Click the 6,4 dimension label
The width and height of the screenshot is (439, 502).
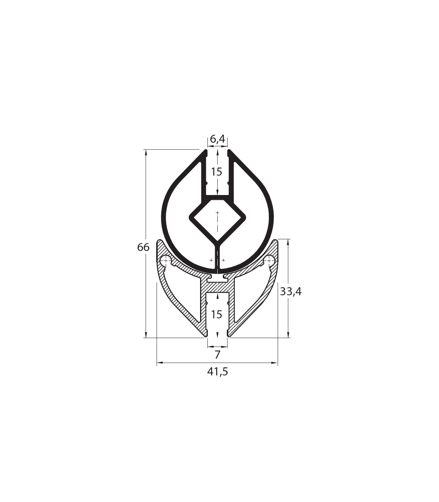pyautogui.click(x=217, y=139)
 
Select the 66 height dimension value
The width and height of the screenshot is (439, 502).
pyautogui.click(x=143, y=247)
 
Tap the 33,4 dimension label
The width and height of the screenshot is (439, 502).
pyautogui.click(x=290, y=292)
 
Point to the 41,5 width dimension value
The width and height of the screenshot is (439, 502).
pyautogui.click(x=218, y=379)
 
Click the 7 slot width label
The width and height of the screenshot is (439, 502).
pyautogui.click(x=217, y=355)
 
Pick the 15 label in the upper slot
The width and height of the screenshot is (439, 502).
pyautogui.click(x=217, y=172)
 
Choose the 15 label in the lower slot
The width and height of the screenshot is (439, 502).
pyautogui.click(x=217, y=314)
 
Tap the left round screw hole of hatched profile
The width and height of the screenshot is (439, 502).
pyautogui.click(x=165, y=259)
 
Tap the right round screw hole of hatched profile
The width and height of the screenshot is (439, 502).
pyautogui.click(x=269, y=259)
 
